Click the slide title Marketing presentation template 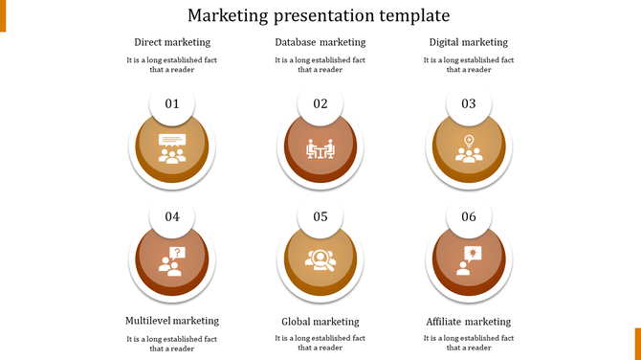319,15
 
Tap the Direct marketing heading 172,42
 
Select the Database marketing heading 320,42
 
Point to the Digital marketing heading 469,42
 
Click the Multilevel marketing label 172,321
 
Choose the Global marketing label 320,322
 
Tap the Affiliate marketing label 469,322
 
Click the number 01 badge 172,104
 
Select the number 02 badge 320,104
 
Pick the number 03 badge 469,104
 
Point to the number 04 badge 172,217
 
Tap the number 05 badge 320,217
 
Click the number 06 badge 469,217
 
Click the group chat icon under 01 172,148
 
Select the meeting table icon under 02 320,148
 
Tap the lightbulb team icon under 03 469,148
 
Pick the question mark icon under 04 172,260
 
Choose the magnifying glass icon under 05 320,259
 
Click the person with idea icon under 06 469,260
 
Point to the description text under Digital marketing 469,64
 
